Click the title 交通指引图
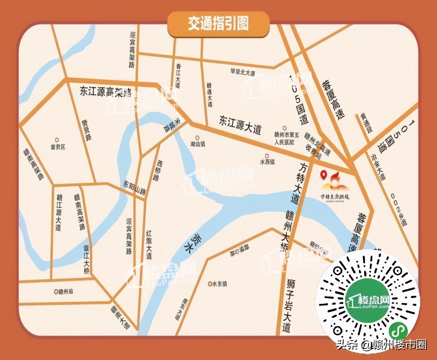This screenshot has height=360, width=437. pyautogui.click(x=219, y=24)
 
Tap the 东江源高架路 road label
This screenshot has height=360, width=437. pyautogui.click(x=106, y=91)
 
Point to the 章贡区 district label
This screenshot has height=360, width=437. pyautogui.click(x=58, y=147)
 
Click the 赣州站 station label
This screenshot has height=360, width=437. pyautogui.click(x=66, y=291)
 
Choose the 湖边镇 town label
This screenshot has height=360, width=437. pyautogui.click(x=198, y=144)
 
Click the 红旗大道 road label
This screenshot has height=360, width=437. pyautogui.click(x=149, y=244)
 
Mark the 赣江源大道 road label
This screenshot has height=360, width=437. pyautogui.click(x=58, y=213)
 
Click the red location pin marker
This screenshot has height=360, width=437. pyautogui.click(x=323, y=175)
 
